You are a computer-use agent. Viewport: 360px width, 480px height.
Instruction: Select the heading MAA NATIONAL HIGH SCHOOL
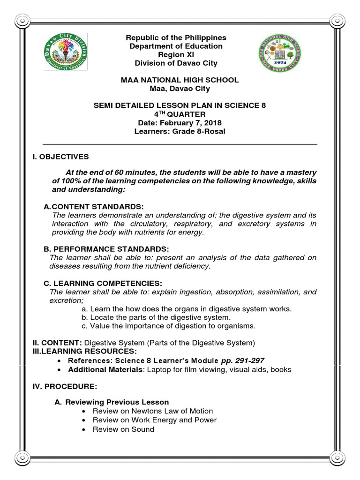[180, 80]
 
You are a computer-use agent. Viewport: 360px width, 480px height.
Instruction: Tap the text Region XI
[180, 55]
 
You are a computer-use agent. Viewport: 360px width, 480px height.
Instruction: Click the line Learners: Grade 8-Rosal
[180, 131]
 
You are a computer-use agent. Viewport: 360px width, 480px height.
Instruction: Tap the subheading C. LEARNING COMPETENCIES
[103, 283]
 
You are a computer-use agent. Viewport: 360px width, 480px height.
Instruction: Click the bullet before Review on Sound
[83, 429]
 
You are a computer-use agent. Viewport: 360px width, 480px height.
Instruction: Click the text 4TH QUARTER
[180, 114]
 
